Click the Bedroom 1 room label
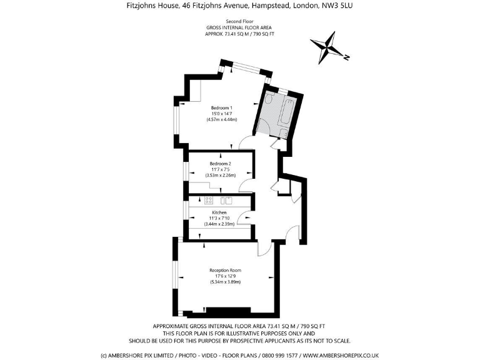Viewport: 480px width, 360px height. pos(222,107)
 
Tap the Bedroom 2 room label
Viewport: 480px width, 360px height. pos(221,164)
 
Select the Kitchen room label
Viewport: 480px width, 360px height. pos(219,212)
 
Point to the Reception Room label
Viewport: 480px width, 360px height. pos(225,270)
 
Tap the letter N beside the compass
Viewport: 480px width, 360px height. pos(346,57)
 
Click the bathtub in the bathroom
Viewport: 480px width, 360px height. pos(286,111)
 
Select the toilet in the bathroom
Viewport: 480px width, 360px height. pos(269,99)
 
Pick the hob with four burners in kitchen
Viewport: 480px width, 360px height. pos(209,201)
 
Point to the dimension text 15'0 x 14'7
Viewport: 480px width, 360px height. pos(222,114)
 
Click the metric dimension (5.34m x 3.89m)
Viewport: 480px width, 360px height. pos(225,282)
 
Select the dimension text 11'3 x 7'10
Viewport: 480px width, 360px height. pos(219,218)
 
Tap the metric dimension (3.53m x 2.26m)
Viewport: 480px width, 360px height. pos(221,176)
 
